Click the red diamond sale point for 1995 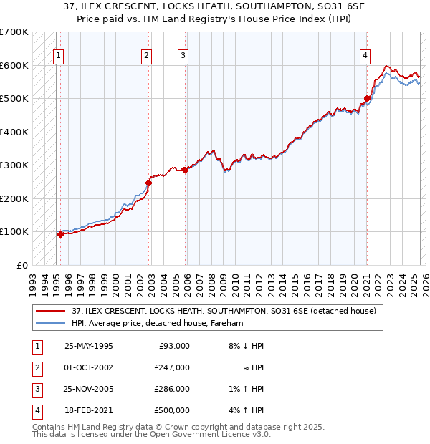[x=60, y=233]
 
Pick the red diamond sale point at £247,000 [x=149, y=183]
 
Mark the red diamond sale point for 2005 [x=186, y=170]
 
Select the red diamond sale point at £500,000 [x=367, y=99]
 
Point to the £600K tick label [x=14, y=65]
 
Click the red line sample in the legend [x=51, y=310]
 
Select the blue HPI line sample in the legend [x=51, y=323]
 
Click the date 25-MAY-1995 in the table [x=89, y=345]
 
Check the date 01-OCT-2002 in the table [x=89, y=367]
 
